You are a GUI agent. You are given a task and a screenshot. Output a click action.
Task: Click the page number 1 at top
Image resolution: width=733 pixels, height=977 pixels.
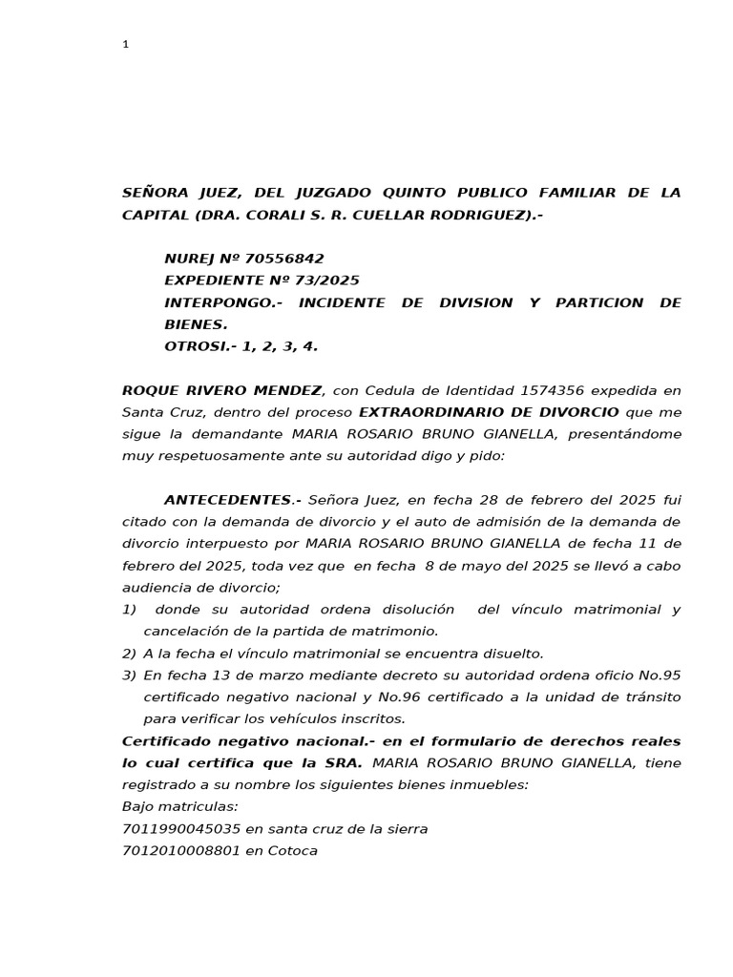click(x=125, y=44)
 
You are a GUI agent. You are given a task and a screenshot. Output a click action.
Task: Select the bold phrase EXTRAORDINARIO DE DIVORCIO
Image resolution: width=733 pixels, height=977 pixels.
click(x=489, y=412)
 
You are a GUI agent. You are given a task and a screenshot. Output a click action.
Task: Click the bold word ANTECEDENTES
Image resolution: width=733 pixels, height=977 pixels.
click(x=227, y=500)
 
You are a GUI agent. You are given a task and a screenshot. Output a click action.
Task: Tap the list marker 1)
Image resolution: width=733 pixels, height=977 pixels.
click(x=130, y=610)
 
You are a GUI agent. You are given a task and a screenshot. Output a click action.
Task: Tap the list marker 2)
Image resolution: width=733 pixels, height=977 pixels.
click(x=130, y=654)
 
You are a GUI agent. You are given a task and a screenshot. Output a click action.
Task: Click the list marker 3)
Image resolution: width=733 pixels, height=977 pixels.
click(x=130, y=676)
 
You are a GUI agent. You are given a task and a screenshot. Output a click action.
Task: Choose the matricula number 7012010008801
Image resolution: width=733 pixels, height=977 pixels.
click(x=181, y=851)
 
